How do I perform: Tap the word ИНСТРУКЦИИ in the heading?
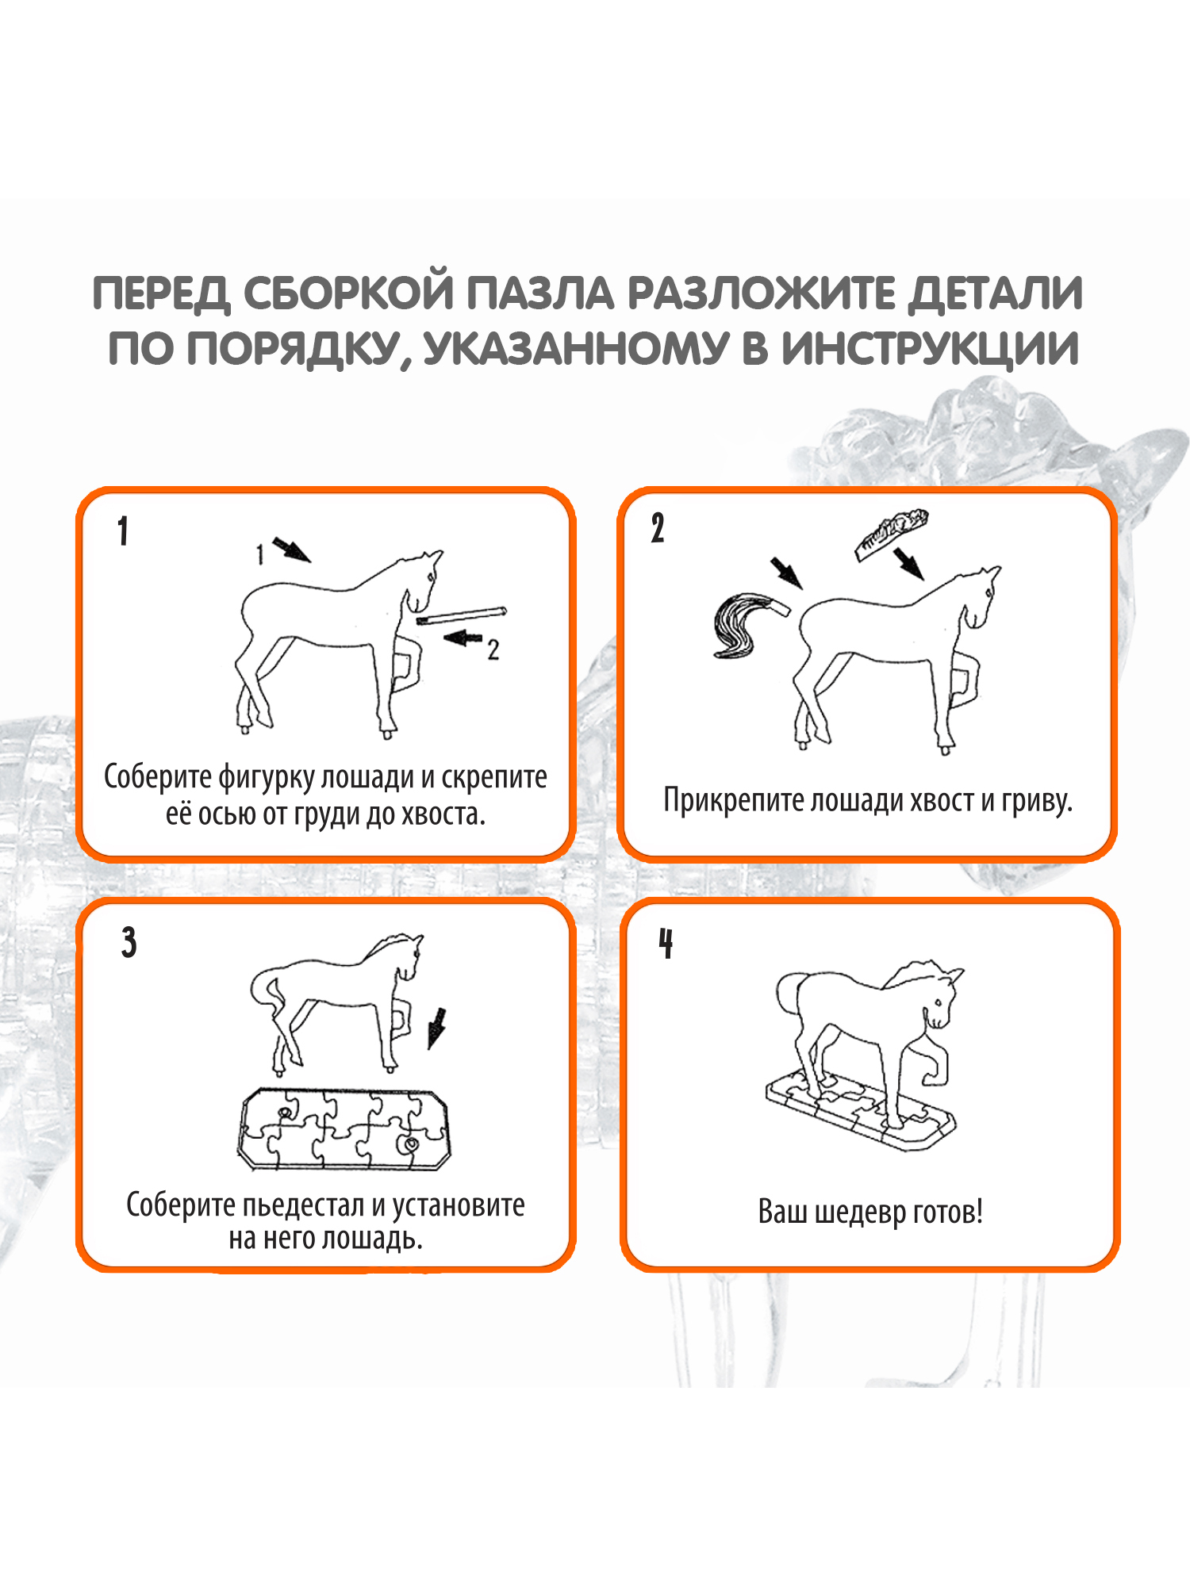click(x=930, y=349)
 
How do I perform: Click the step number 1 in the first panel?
click(x=123, y=531)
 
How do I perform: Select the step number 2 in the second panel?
click(x=658, y=528)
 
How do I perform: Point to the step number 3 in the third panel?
click(x=129, y=942)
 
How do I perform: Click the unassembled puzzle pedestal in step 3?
click(x=344, y=1129)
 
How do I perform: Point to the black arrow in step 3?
click(x=436, y=1029)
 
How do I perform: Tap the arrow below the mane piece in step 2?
click(x=909, y=564)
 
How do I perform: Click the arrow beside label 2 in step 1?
click(x=463, y=638)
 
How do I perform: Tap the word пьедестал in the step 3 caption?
click(x=303, y=1205)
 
